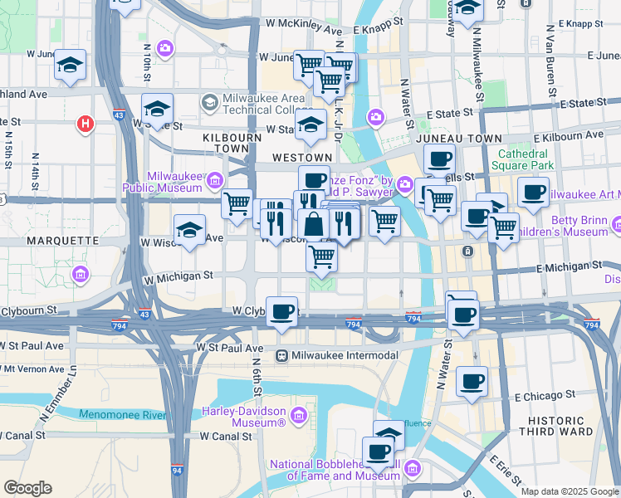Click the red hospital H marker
point(84,124)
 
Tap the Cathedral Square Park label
point(523,159)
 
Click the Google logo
point(27,488)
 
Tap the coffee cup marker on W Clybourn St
point(282,312)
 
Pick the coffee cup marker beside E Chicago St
point(472,382)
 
